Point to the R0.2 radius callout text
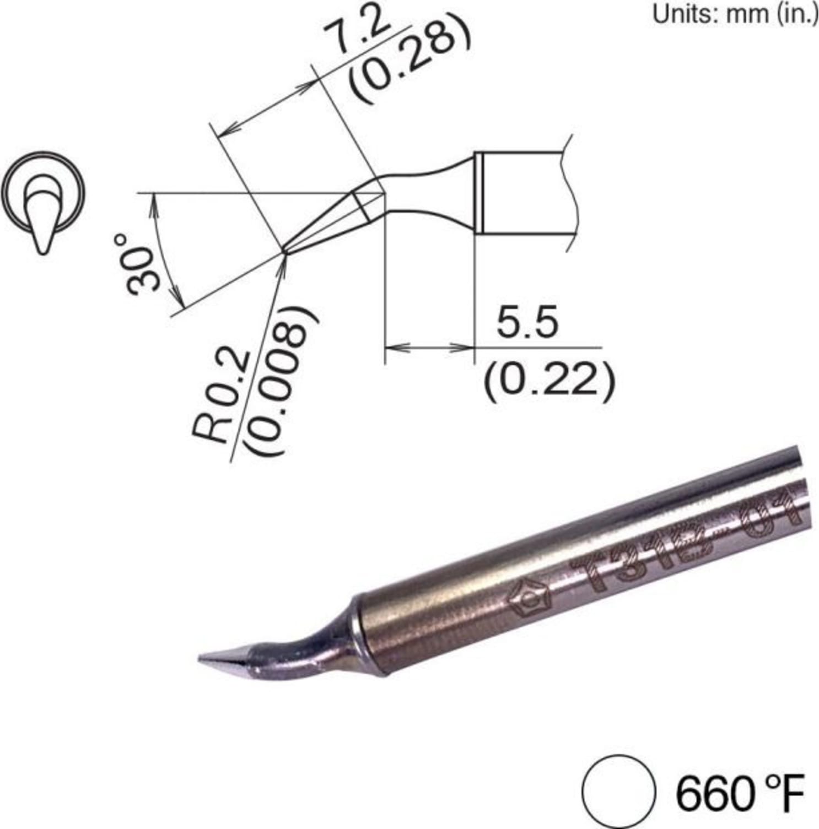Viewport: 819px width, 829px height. [219, 396]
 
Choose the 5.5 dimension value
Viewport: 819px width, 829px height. [527, 323]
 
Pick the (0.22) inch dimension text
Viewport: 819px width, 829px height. [548, 381]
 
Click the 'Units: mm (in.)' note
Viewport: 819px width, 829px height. [735, 14]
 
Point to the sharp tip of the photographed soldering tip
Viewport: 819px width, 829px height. [201, 657]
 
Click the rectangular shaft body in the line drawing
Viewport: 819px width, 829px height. [524, 193]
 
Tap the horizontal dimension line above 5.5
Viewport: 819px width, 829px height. [429, 348]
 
